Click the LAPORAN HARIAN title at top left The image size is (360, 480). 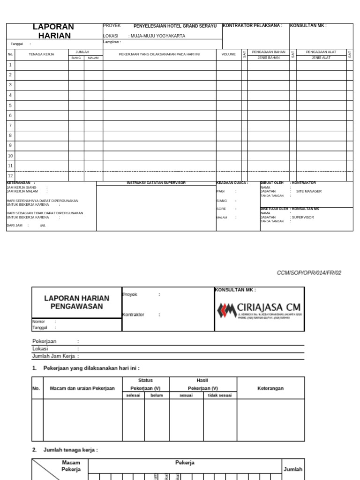[x=53, y=31]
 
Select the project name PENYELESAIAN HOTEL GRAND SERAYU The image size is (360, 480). [x=175, y=26]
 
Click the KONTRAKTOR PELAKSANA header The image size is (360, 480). [x=252, y=26]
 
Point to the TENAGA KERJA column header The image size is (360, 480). [x=41, y=54]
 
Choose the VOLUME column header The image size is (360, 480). [x=229, y=54]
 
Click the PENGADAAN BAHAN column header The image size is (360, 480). [x=269, y=52]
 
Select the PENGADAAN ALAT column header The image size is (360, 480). [x=321, y=52]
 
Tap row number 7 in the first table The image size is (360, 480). [x=10, y=126]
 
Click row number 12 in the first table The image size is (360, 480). [x=10, y=176]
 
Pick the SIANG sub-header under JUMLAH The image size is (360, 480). [x=76, y=58]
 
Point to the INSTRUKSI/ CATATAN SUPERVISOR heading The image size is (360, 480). [x=156, y=183]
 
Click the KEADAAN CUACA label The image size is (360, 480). [x=232, y=183]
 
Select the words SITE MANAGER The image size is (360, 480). [x=309, y=191]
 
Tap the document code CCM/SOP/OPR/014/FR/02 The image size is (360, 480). [x=309, y=273]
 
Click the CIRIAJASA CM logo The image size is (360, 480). [x=259, y=309]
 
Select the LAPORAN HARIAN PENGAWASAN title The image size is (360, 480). [x=76, y=302]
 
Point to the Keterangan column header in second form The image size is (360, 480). [x=270, y=388]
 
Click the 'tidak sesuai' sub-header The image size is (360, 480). [x=220, y=395]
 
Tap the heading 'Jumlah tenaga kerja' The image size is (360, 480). [x=70, y=450]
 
